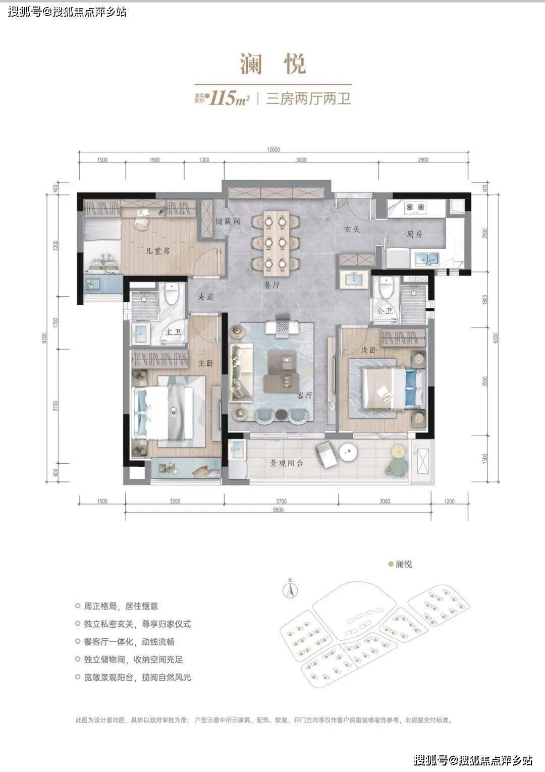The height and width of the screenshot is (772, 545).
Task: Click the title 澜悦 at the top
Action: point(273,65)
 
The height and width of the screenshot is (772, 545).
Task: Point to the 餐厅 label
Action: point(272,285)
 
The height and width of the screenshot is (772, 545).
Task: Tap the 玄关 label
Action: point(352,229)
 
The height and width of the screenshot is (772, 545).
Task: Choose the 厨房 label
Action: point(414,234)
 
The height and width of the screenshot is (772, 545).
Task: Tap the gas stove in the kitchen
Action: point(414,207)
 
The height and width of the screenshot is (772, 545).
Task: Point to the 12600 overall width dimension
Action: point(274,149)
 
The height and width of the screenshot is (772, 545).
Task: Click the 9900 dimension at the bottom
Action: point(277,510)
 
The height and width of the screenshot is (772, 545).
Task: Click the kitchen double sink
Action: point(427,258)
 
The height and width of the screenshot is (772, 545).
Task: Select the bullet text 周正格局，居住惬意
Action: point(121,606)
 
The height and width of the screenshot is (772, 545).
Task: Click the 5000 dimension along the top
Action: point(301,160)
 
